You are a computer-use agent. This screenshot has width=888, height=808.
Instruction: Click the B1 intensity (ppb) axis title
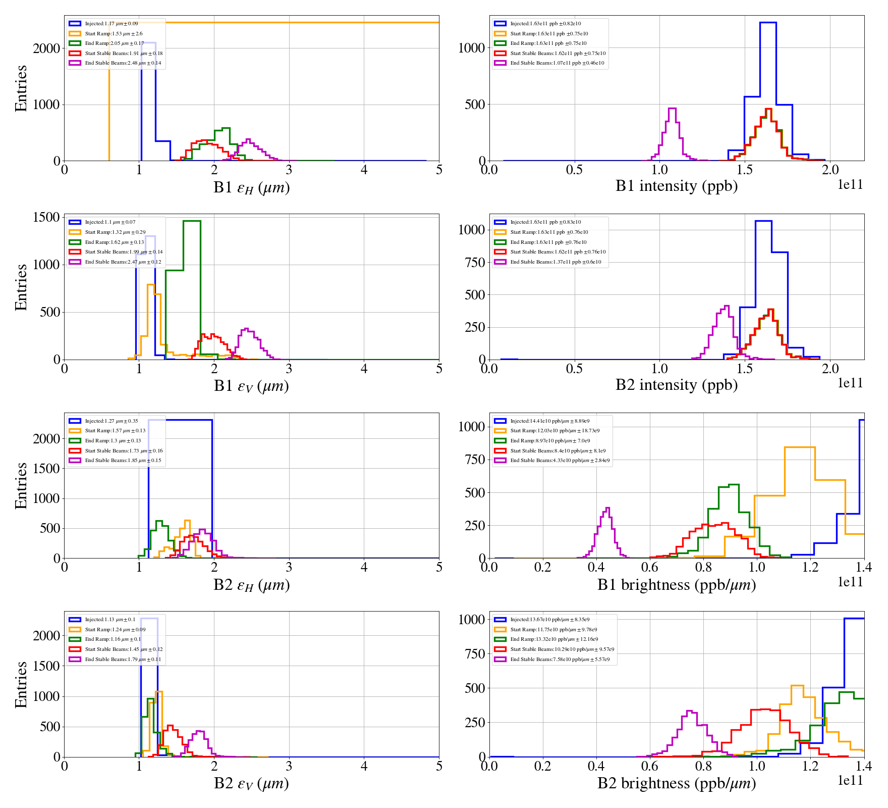pos(676,186)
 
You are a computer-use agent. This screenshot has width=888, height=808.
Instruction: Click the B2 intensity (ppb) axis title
pos(676,385)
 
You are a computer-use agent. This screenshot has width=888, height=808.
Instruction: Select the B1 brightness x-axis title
pos(676,585)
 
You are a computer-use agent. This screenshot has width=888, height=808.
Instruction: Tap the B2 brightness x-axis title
pos(676,783)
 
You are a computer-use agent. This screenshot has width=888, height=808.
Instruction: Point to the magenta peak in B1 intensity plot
pos(672,109)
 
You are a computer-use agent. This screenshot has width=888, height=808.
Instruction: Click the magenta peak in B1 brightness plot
pos(607,509)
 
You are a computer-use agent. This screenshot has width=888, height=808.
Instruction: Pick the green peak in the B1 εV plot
pos(192,221)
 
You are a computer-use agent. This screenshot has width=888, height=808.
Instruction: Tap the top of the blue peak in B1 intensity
pos(767,23)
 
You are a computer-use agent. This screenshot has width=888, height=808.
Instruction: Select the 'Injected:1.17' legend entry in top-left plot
pos(111,24)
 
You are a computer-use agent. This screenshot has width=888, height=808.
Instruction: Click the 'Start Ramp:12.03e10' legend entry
pos(554,431)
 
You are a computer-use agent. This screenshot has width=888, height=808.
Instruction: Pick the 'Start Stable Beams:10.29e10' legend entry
pos(562,649)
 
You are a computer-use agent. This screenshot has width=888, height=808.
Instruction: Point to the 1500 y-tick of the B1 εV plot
pos(46,217)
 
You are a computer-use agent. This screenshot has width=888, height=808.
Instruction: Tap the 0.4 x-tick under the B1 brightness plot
pos(596,567)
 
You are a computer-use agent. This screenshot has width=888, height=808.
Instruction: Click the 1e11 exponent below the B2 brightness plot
pos(850,781)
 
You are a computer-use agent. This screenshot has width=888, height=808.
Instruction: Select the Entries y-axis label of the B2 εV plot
pos(21,684)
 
